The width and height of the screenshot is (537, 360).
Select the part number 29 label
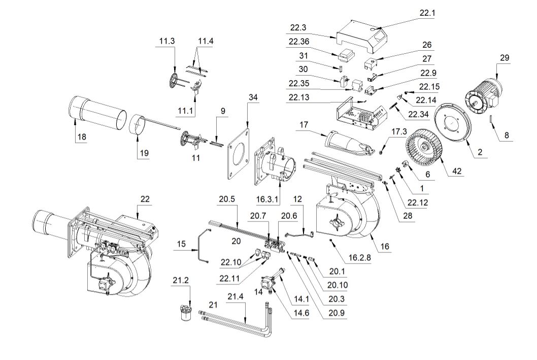(504, 58)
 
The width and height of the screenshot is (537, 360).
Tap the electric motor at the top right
(483, 96)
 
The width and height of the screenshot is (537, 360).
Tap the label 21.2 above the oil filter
(182, 281)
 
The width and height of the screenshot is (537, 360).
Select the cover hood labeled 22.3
(360, 38)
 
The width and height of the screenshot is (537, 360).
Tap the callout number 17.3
(399, 132)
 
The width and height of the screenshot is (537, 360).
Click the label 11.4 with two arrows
(206, 41)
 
